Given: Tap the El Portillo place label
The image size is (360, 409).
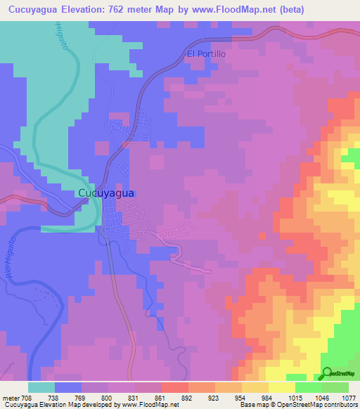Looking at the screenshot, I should point(205,54).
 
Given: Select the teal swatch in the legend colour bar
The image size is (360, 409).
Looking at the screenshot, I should point(41,387).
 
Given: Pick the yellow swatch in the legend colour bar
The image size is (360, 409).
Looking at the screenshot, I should point(281,387).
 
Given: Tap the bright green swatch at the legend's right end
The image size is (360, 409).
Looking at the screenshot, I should point(335,387).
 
